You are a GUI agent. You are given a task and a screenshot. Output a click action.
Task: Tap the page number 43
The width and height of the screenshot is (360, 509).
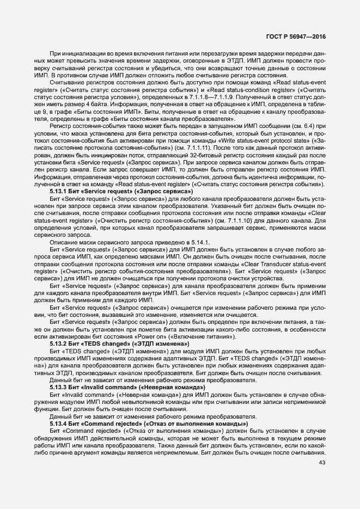pyautogui.click(x=321, y=463)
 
